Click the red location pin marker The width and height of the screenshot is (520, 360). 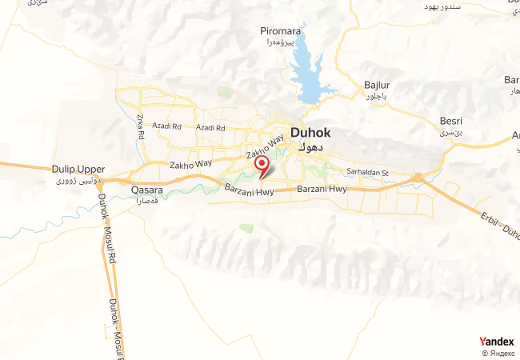(261, 165)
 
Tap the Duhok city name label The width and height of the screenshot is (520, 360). (308, 134)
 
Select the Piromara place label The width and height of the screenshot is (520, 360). (279, 31)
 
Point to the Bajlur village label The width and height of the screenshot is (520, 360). (376, 84)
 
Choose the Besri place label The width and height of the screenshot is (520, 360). (451, 121)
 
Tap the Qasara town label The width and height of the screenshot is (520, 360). (146, 190)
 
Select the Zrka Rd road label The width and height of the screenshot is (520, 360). (140, 127)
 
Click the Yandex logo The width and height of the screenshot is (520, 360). (496, 342)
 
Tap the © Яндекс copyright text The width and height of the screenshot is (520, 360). (498, 353)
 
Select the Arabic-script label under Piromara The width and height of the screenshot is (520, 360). (279, 42)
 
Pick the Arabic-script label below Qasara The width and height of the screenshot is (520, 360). (146, 202)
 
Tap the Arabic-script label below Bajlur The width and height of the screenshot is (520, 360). (376, 96)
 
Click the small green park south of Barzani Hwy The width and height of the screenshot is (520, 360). (246, 229)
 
